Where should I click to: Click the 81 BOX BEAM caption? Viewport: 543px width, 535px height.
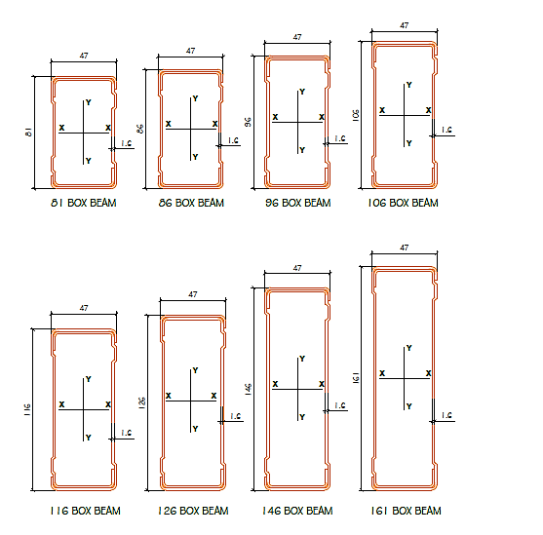click(84, 204)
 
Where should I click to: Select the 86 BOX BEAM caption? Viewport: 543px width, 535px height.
click(191, 204)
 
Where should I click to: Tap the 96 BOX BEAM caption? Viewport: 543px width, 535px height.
click(297, 203)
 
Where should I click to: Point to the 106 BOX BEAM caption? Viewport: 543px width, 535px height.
click(405, 203)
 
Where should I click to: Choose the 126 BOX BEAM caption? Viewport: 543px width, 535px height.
click(192, 511)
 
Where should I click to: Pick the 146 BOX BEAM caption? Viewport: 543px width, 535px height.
click(297, 511)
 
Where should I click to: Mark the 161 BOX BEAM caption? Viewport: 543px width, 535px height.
click(406, 511)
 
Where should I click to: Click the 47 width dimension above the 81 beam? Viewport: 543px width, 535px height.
click(84, 56)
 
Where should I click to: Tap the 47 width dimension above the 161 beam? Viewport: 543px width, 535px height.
click(405, 248)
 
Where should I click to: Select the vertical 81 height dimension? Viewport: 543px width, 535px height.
click(30, 133)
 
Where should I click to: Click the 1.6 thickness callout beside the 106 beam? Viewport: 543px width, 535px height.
click(446, 130)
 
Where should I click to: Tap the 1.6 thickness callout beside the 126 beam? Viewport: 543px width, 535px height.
click(234, 416)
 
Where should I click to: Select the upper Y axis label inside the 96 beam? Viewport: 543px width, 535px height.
click(302, 92)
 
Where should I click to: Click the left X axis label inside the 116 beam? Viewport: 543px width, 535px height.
click(61, 403)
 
